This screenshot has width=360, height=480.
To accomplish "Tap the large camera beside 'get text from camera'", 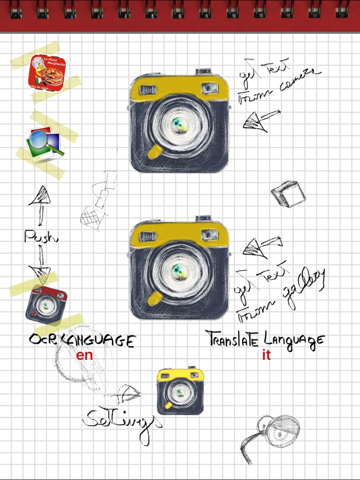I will click(179, 124).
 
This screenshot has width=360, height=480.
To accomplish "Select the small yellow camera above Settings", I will click(180, 391).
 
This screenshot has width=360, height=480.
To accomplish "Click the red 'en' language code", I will click(84, 356).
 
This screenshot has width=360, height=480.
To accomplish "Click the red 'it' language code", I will click(267, 356).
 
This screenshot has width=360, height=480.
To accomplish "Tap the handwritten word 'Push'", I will click(41, 236).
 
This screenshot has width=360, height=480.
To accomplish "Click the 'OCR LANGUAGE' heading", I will click(81, 340).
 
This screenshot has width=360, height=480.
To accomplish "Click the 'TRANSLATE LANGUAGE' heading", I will click(265, 339).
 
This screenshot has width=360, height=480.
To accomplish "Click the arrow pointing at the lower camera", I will click(260, 247).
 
